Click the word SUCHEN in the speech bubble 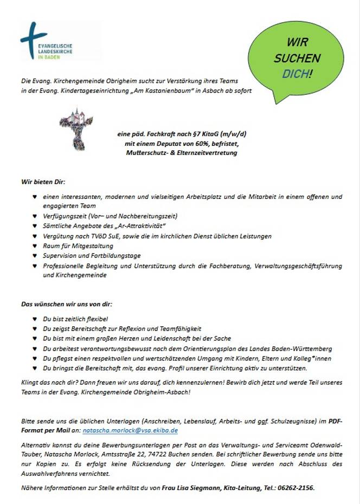[x=297, y=58]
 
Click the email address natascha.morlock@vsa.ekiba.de [x=130, y=430]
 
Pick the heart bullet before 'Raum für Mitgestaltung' [x=35, y=246]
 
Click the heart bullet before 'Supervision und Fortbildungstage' [x=35, y=256]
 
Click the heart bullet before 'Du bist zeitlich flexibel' [x=35, y=319]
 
